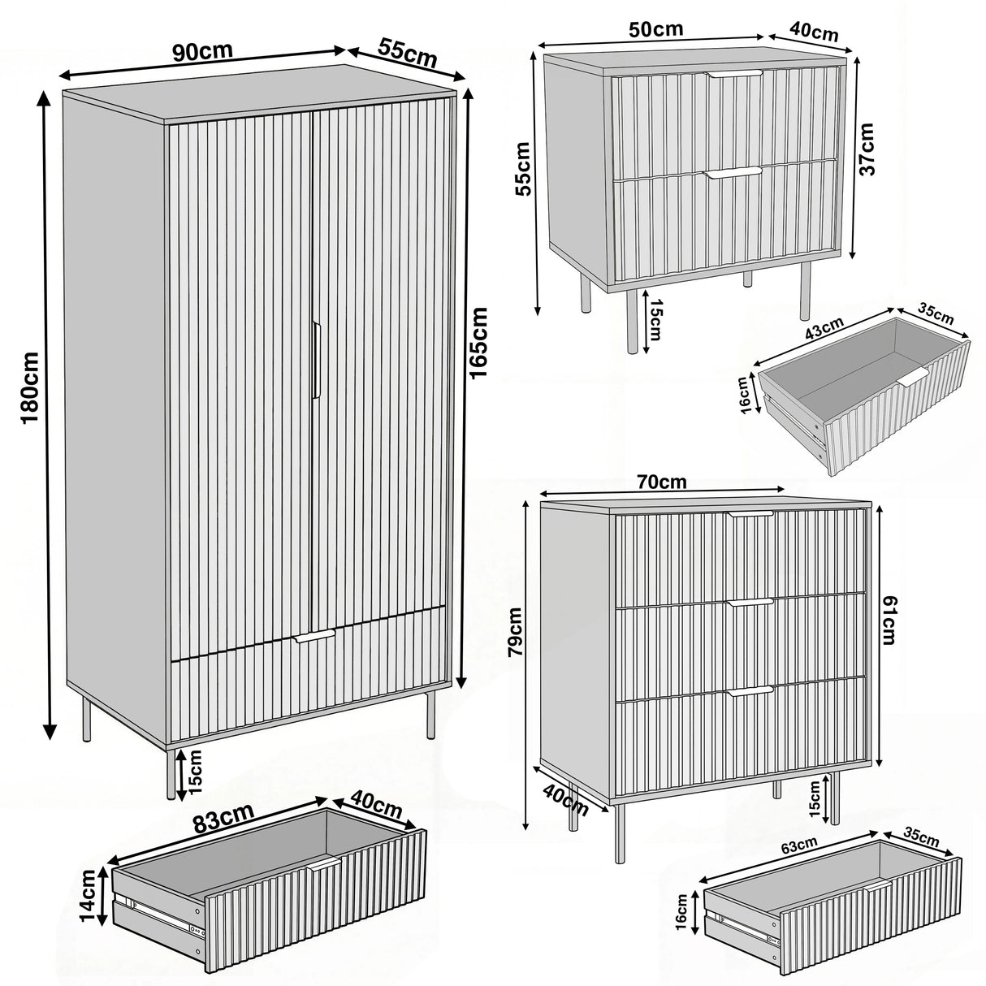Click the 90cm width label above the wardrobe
click(x=202, y=50)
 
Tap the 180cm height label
click(x=30, y=387)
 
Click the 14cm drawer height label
click(x=90, y=897)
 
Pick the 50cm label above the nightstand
click(x=656, y=29)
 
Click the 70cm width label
click(x=662, y=482)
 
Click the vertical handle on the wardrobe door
click(x=316, y=360)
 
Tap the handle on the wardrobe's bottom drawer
click(x=314, y=636)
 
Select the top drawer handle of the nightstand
click(x=734, y=74)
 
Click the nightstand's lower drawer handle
click(x=733, y=173)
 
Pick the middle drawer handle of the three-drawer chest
click(x=751, y=602)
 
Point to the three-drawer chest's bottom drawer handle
click(x=751, y=690)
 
